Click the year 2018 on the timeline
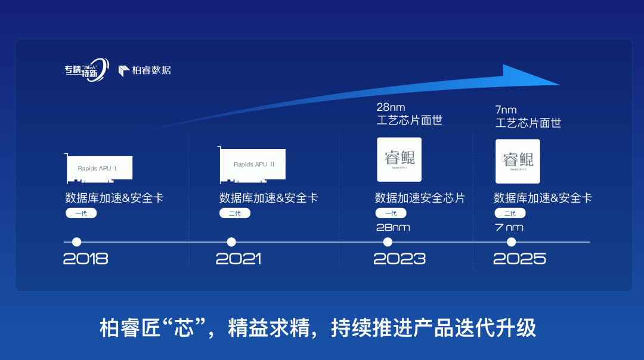[x=86, y=259]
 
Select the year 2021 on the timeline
[x=239, y=259]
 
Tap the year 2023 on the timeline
[x=400, y=259]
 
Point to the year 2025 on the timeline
[x=519, y=259]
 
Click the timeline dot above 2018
[x=76, y=242]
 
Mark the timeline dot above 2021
[x=231, y=242]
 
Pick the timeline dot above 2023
[x=388, y=242]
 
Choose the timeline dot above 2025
[x=511, y=242]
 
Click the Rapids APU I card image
[x=99, y=168]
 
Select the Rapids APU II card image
[x=253, y=165]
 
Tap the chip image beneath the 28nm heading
[x=399, y=159]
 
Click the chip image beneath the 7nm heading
[x=518, y=161]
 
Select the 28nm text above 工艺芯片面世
[x=391, y=107]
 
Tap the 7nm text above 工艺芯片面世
[x=506, y=110]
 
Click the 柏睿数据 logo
[x=145, y=70]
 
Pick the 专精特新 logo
[x=86, y=70]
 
